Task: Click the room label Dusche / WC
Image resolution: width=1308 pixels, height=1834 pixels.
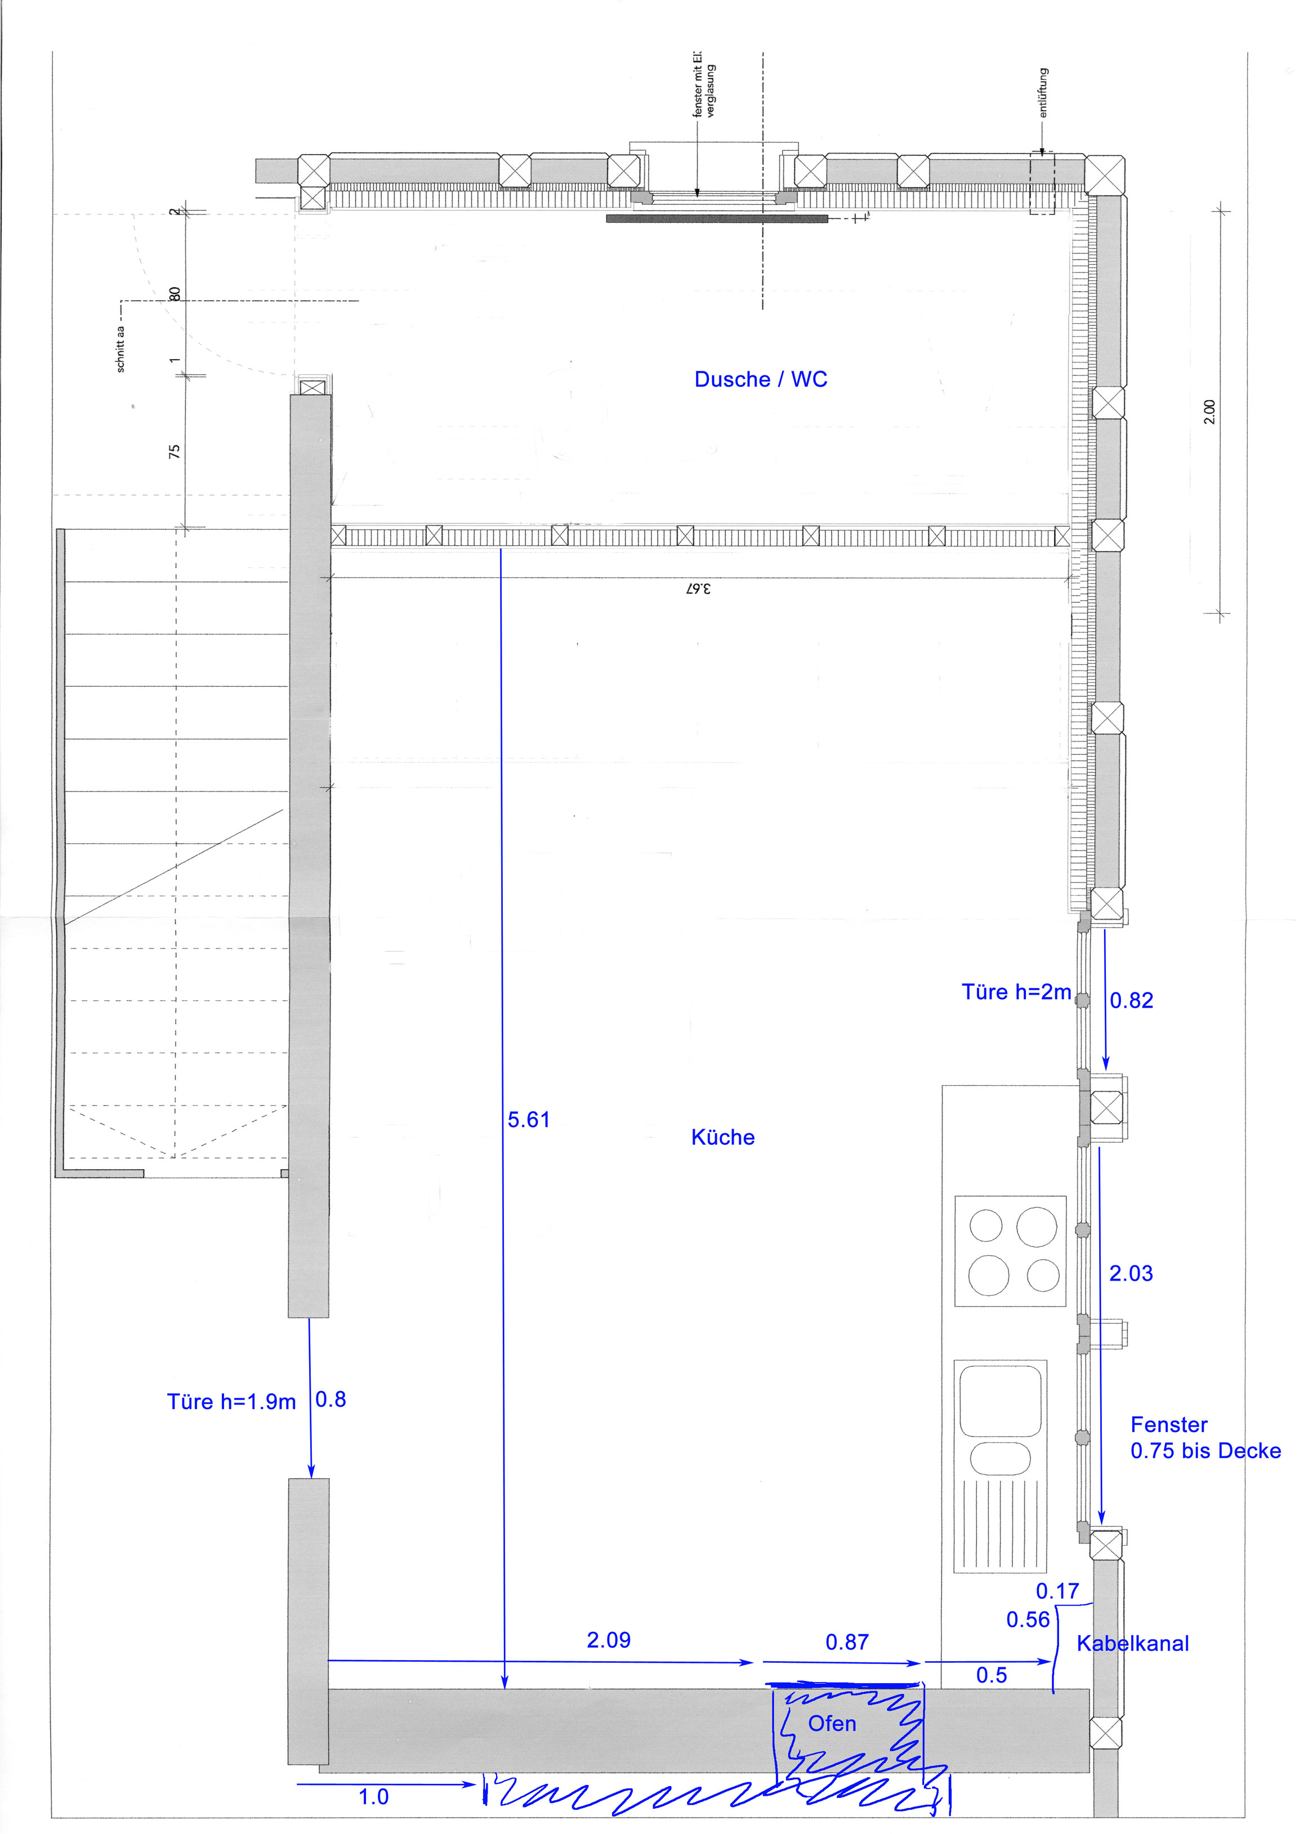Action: click(760, 379)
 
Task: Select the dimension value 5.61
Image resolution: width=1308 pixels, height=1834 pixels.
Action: click(528, 1119)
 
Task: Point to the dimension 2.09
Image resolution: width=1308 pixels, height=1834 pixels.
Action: click(609, 1640)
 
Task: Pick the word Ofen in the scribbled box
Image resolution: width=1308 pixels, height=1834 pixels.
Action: click(832, 1723)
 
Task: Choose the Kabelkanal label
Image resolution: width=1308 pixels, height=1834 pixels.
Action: click(1132, 1643)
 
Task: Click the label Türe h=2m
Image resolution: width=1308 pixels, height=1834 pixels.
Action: click(1016, 991)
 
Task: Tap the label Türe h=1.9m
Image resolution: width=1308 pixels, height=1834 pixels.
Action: click(231, 1402)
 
